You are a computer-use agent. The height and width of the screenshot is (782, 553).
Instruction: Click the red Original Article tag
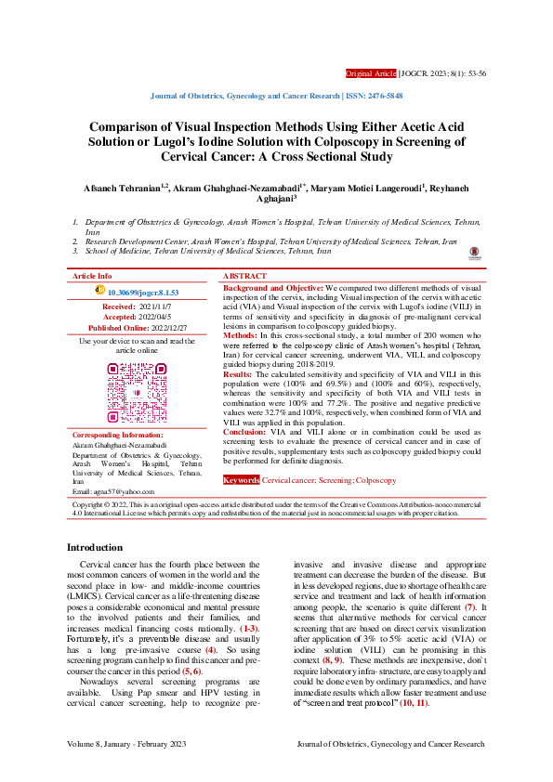tap(370, 72)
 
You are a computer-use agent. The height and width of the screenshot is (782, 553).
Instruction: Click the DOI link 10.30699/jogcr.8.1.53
tap(143, 292)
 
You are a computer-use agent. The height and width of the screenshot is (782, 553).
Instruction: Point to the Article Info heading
tap(92, 277)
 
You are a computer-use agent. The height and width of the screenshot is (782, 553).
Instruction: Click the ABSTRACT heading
tap(244, 277)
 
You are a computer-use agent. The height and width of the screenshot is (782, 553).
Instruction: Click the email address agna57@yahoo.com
tap(125, 489)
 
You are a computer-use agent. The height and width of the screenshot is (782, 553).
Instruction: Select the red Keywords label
tap(241, 480)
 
